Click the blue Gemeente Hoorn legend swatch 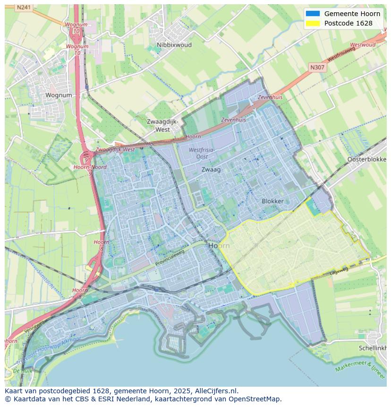click(x=313, y=14)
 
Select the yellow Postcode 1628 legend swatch click(x=313, y=23)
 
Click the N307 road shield click(x=317, y=68)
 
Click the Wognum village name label click(x=59, y=95)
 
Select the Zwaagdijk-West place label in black click(x=163, y=125)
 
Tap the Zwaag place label click(x=211, y=169)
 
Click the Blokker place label click(x=273, y=201)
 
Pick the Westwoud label click(x=363, y=45)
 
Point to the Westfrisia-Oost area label click(x=202, y=153)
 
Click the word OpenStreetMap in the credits click(x=255, y=399)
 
